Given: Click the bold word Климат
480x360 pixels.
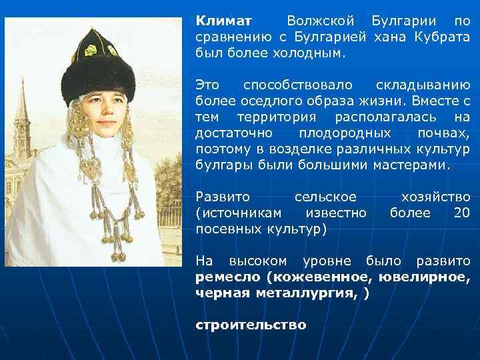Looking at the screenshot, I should [219, 21].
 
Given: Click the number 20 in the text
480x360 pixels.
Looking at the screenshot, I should [461, 213].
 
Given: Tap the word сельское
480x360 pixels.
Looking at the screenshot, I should [325, 197].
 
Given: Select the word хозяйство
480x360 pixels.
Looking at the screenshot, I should [436, 197].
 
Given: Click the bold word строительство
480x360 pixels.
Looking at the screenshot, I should [251, 325].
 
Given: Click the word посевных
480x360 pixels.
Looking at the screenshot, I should [227, 229].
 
